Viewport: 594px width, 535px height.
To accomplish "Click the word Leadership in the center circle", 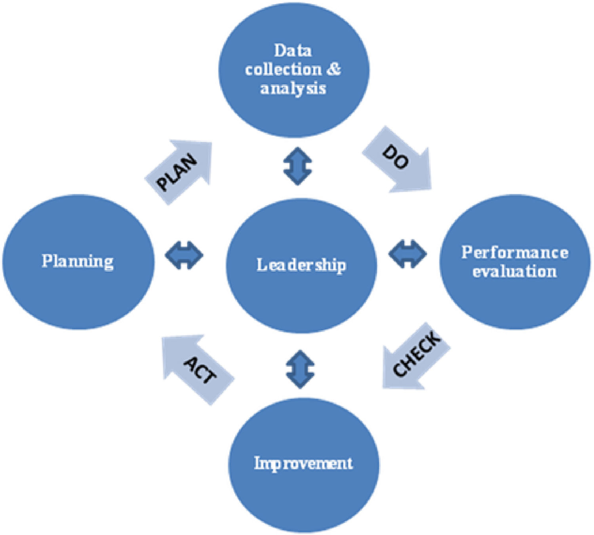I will (x=301, y=265).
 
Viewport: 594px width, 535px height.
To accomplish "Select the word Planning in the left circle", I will (x=78, y=261).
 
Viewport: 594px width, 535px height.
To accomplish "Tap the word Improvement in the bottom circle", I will (x=303, y=463).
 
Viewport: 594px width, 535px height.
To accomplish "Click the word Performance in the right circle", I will (x=515, y=252).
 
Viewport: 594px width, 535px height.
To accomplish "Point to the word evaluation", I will (x=514, y=271).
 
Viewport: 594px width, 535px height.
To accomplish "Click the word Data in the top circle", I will (x=293, y=51).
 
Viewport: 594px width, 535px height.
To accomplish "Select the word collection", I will (x=283, y=69).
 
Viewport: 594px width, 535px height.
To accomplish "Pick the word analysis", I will (x=293, y=88).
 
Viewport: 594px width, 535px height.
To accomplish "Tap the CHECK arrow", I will (x=414, y=356).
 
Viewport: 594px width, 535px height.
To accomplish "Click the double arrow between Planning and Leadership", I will (x=184, y=255).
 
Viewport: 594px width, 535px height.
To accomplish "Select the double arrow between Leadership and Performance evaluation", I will (x=407, y=254).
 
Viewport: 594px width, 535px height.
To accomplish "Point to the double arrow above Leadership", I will (x=298, y=166).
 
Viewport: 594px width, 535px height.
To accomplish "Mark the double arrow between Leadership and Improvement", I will (x=300, y=369).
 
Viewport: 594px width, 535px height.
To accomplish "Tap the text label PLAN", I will (x=177, y=173).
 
